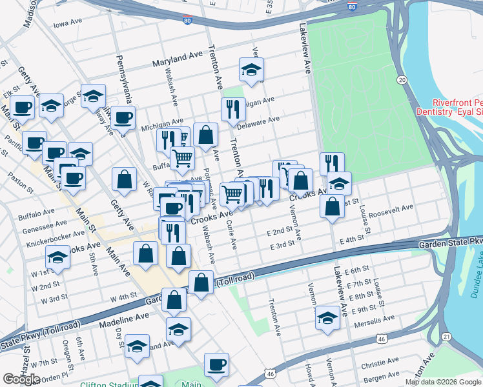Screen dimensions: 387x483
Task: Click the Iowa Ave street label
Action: coord(68,25)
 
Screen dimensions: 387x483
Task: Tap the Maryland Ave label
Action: coord(178,60)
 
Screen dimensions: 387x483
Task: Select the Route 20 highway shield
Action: coord(402,79)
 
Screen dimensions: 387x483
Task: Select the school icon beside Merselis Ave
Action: coord(327,317)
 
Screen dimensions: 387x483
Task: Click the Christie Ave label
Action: coord(379,365)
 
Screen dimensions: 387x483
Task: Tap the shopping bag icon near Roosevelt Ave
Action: coord(332,207)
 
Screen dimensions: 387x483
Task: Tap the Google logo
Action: coord(21,379)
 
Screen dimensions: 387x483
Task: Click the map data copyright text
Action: coord(442,382)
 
